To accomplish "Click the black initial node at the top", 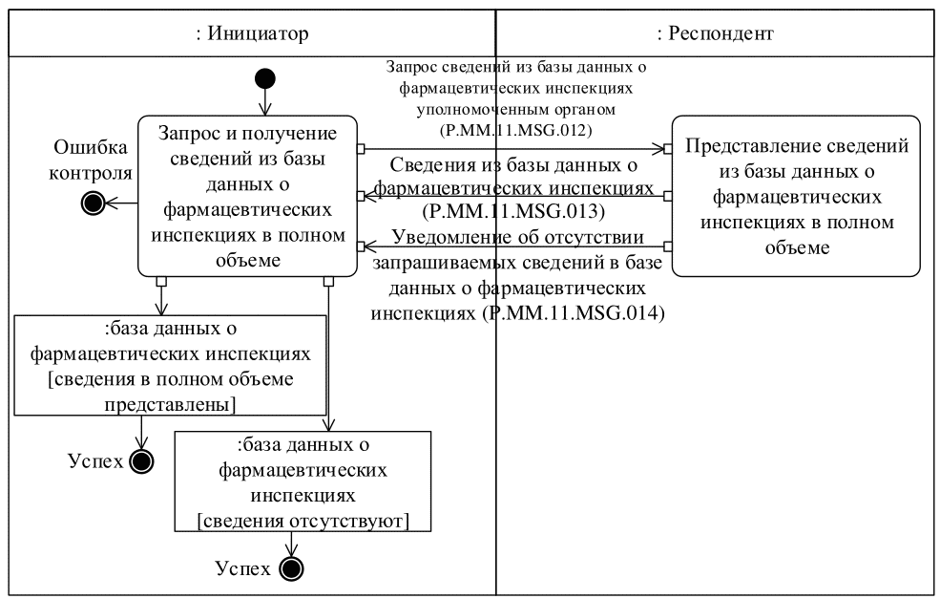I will coord(265,79).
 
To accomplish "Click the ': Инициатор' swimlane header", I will coord(252,34).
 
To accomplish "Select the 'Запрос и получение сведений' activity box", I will coord(246,196).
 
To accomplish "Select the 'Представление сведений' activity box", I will coord(796,196).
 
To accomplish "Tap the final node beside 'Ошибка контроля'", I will coord(94,203).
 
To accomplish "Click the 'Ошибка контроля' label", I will coord(93,160).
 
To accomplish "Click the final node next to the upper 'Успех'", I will coord(141,461).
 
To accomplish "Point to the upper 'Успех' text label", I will coord(95,461).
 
